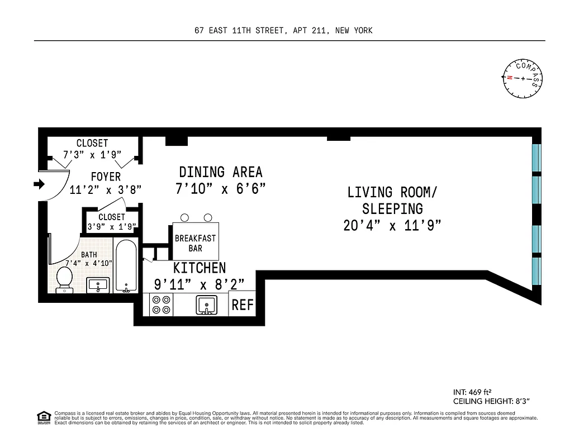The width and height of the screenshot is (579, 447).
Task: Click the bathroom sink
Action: coord(98,284)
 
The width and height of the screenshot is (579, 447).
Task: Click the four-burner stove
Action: coord(161,304)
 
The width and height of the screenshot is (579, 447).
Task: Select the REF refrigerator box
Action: coord(243,305)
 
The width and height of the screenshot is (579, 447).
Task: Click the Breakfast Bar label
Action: coord(195,243)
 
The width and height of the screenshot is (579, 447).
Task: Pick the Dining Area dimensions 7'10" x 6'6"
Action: coord(220,189)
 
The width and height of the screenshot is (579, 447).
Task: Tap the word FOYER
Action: coord(106,177)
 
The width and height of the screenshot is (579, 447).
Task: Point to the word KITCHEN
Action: coord(200,268)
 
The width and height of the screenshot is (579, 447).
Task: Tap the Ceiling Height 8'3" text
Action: coord(491,401)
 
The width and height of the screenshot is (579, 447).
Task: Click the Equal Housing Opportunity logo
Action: coord(43,416)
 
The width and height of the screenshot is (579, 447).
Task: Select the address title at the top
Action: coord(283,31)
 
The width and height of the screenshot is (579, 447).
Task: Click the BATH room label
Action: coord(89,255)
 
